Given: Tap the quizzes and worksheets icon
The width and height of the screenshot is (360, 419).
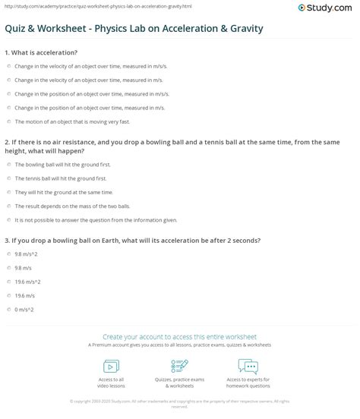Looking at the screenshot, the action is (180, 367).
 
